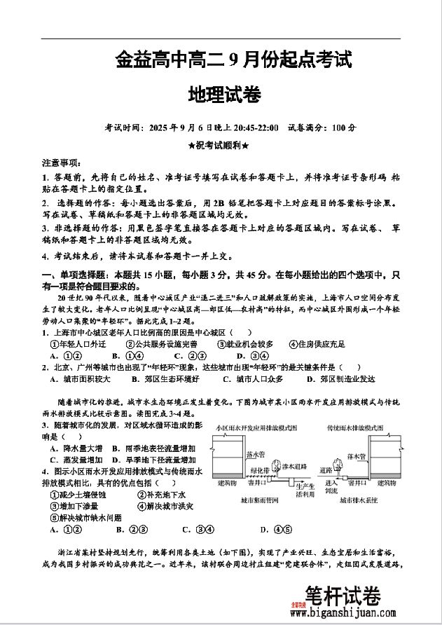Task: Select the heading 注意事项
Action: [62, 162]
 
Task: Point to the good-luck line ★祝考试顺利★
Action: [219, 146]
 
